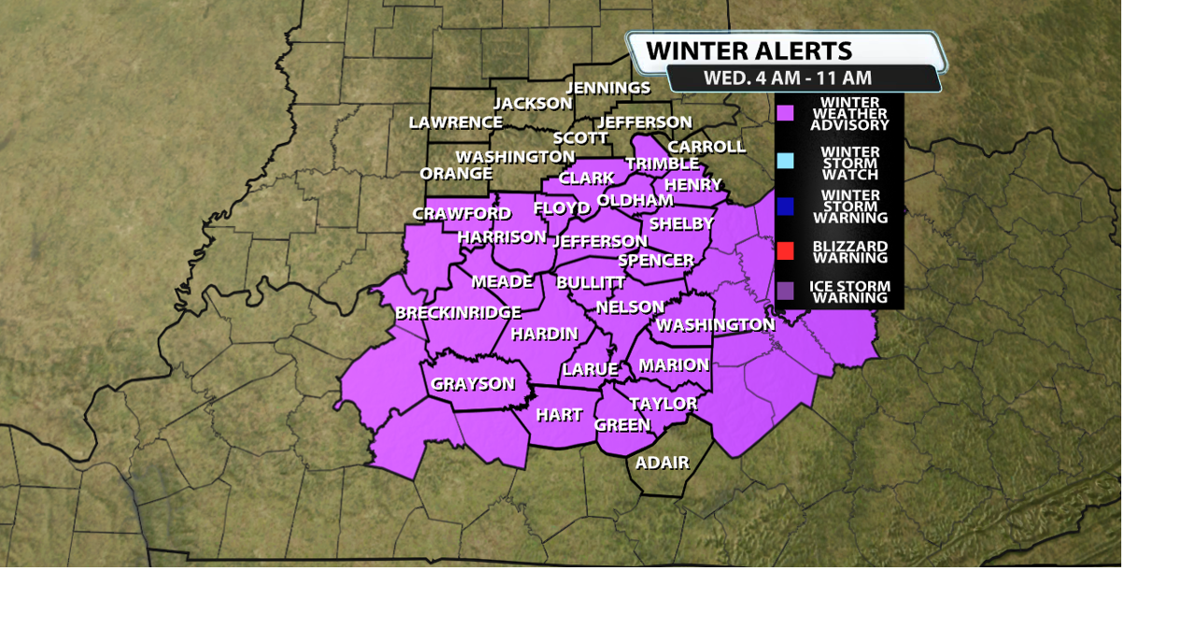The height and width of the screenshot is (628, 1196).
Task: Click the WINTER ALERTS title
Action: pyautogui.click(x=748, y=50)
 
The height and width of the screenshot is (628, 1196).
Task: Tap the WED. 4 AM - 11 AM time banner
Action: pyautogui.click(x=787, y=78)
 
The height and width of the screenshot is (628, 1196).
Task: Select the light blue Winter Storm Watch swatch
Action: pyautogui.click(x=786, y=161)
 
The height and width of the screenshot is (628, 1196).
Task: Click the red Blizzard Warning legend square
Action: pyautogui.click(x=786, y=250)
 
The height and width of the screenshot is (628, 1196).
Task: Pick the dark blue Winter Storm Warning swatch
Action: pyautogui.click(x=786, y=207)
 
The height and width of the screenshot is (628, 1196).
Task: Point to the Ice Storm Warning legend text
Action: pyautogui.click(x=849, y=292)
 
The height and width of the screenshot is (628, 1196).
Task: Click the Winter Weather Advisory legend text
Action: pyautogui.click(x=849, y=114)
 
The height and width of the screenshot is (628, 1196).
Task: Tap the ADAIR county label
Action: pyautogui.click(x=662, y=463)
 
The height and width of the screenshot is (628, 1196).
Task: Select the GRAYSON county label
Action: pyautogui.click(x=473, y=383)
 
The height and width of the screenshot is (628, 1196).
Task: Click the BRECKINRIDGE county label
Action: pyautogui.click(x=458, y=312)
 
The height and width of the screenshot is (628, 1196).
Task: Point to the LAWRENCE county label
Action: pyautogui.click(x=456, y=122)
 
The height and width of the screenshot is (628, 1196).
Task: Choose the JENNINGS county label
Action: pyautogui.click(x=608, y=88)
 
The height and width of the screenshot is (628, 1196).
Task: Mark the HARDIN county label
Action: pyautogui.click(x=545, y=334)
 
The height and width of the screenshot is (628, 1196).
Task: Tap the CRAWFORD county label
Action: pyautogui.click(x=462, y=214)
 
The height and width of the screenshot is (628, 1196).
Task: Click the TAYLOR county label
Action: pyautogui.click(x=663, y=404)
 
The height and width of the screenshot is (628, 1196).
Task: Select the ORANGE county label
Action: pyautogui.click(x=456, y=174)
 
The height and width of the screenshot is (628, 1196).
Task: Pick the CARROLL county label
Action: pyautogui.click(x=706, y=147)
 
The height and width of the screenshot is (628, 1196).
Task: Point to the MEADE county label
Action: pyautogui.click(x=502, y=281)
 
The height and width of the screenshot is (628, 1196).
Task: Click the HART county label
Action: pyautogui.click(x=559, y=415)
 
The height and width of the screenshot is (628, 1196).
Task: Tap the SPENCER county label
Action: pyautogui.click(x=656, y=261)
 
